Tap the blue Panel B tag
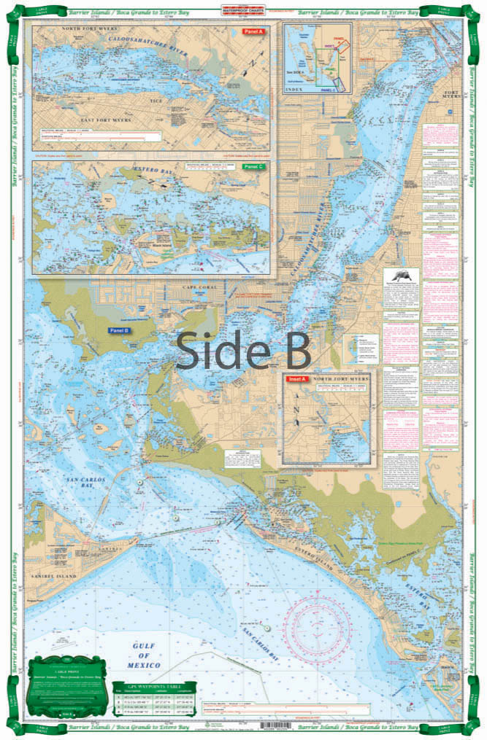(118, 330)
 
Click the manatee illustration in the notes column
(400, 279)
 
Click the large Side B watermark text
(243, 351)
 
